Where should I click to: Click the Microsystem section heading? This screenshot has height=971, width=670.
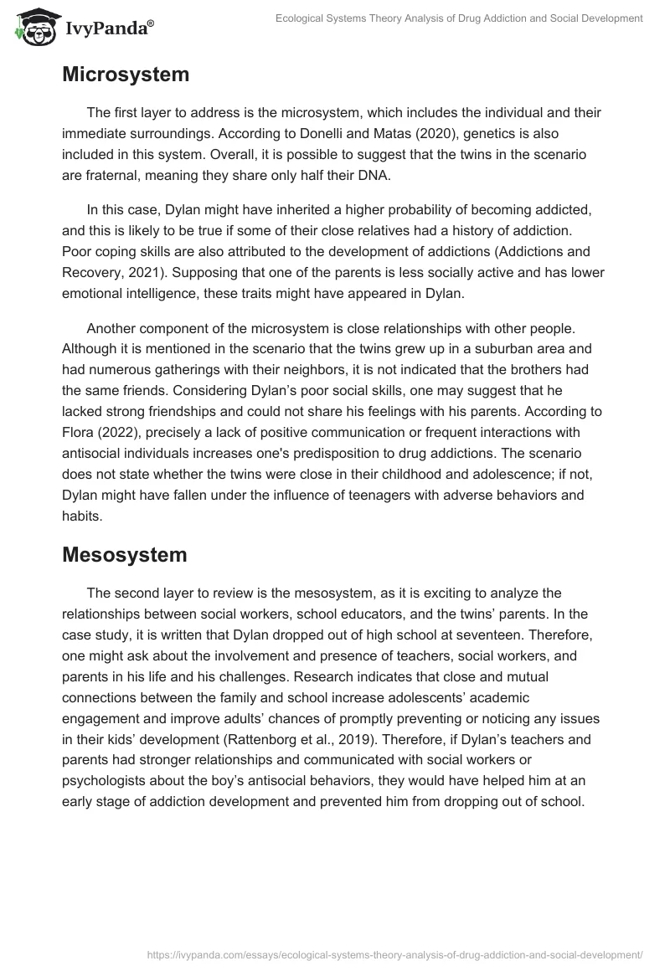point(126,74)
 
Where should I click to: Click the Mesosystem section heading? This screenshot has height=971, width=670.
point(125,554)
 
